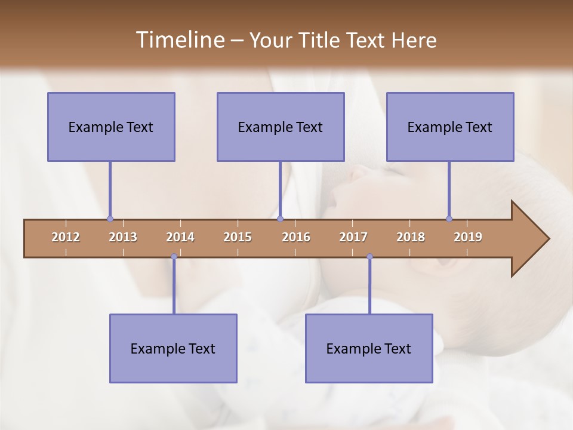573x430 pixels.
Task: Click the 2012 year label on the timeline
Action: click(66, 237)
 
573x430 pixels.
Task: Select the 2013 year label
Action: click(123, 237)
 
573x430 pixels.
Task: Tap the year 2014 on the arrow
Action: click(180, 237)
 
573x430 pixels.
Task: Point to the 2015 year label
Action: click(238, 237)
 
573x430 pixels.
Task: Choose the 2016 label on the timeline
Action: click(296, 237)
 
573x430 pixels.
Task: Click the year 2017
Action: click(353, 237)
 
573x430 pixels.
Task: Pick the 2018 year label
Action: click(411, 237)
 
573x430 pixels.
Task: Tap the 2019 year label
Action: click(468, 237)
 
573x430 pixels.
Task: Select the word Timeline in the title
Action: click(179, 40)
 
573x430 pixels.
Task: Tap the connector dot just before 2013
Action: click(110, 219)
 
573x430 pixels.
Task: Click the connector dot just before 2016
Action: click(281, 219)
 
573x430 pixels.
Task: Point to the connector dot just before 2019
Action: click(449, 219)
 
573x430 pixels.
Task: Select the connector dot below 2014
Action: click(174, 257)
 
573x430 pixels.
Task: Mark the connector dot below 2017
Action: click(369, 257)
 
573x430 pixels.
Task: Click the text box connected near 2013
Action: click(111, 127)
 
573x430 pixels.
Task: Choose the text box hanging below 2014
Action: click(173, 348)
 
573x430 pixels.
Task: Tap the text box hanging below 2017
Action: click(369, 348)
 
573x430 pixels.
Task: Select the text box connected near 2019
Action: click(450, 127)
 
